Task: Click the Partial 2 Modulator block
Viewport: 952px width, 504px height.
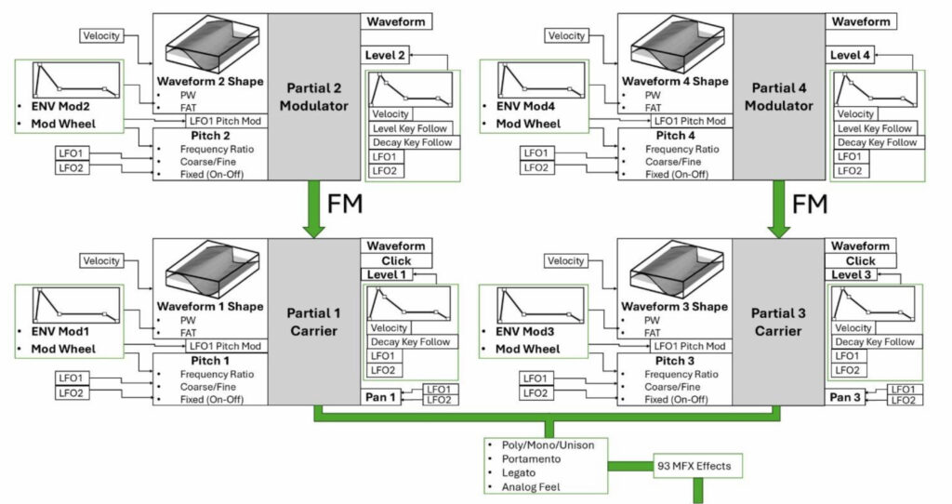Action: [314, 97]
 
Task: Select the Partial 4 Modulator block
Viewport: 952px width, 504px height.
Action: [779, 97]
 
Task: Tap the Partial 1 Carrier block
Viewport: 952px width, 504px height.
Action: [314, 322]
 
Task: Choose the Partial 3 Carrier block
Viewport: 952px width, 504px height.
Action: [778, 322]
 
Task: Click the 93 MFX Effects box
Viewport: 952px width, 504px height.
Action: [697, 467]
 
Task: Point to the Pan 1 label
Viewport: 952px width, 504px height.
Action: [380, 397]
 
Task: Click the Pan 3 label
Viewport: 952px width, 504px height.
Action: [845, 397]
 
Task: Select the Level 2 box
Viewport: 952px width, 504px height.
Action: [385, 55]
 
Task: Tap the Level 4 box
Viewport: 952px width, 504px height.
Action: [850, 55]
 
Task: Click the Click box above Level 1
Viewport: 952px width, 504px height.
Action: [396, 260]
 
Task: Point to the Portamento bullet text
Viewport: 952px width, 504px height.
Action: [531, 459]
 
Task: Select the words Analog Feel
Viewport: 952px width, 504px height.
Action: [531, 487]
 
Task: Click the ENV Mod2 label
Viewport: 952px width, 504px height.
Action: [60, 106]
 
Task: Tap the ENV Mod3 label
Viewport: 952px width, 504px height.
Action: [524, 332]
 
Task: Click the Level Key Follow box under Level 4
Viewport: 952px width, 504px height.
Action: [875, 128]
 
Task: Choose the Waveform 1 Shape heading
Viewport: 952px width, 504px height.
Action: [210, 306]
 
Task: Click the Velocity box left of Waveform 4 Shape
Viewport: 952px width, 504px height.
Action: [566, 36]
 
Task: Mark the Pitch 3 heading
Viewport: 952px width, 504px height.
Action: [675, 361]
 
